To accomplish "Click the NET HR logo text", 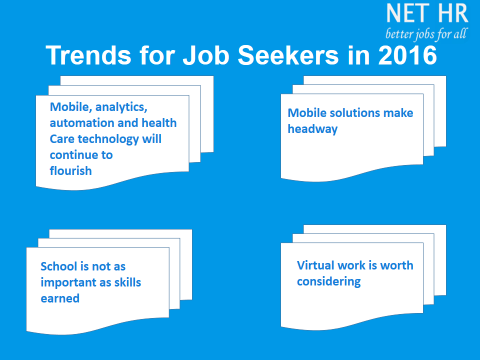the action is click(x=427, y=13).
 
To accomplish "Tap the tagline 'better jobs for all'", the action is click(x=426, y=33).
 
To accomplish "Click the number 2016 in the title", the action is click(x=407, y=55).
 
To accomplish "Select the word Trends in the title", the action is click(x=88, y=55).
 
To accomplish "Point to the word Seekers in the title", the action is click(x=288, y=55).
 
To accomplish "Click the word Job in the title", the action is click(x=205, y=55).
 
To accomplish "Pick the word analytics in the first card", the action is click(x=121, y=107).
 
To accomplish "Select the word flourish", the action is click(x=70, y=171).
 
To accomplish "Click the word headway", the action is click(x=312, y=129).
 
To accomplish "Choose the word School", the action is click(x=58, y=266).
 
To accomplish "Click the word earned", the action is click(x=60, y=298).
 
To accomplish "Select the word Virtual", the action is click(x=315, y=265).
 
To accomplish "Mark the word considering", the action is click(x=329, y=282).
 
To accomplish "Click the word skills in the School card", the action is click(x=127, y=282).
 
